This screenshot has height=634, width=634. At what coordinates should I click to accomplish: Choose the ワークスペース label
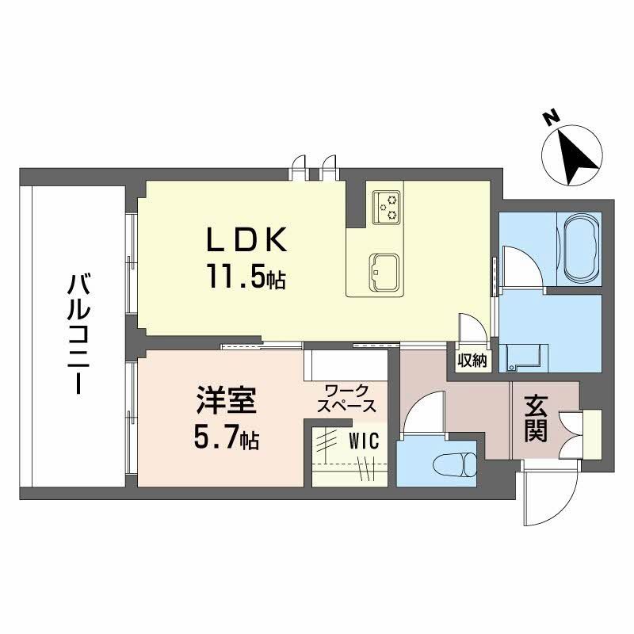click(x=346, y=398)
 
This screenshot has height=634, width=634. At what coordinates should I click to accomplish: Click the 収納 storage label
click(x=472, y=360)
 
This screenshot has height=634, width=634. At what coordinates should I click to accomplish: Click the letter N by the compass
click(x=549, y=119)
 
